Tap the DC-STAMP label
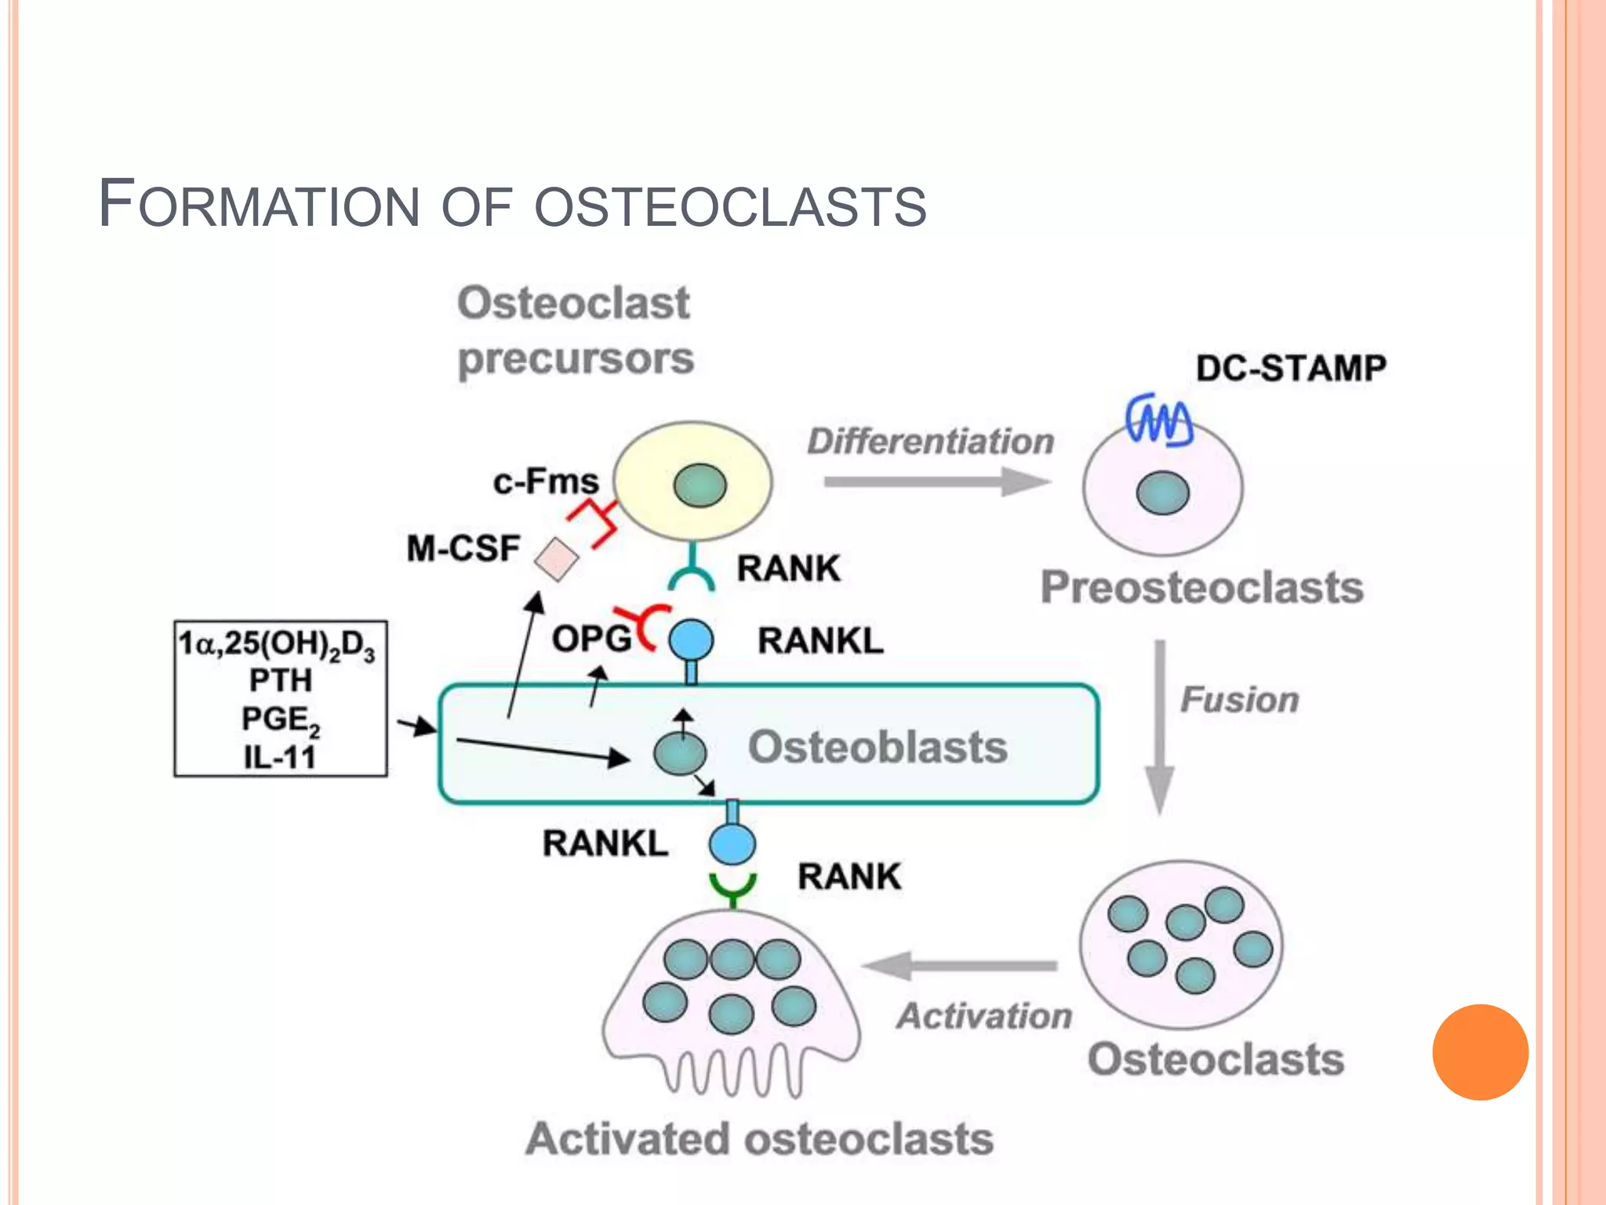[1291, 368]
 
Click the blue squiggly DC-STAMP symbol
[1159, 420]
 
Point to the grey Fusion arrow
[1159, 726]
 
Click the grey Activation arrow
[961, 966]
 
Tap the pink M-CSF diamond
[556, 559]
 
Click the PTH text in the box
[280, 679]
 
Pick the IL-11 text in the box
[280, 757]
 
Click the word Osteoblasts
[877, 746]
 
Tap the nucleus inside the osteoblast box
[680, 753]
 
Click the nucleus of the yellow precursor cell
[699, 485]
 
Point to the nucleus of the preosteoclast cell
[1162, 493]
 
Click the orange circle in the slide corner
[1480, 1051]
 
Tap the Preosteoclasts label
[1201, 587]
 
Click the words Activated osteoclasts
[759, 1138]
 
